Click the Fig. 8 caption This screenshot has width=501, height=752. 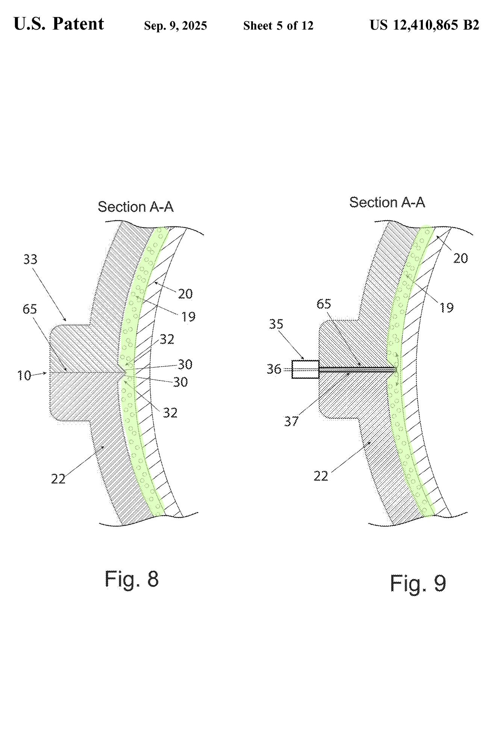coord(132,579)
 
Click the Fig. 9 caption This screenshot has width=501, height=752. coord(418,584)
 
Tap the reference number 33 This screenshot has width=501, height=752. coord(30,259)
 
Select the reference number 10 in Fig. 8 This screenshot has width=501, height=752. coord(24,376)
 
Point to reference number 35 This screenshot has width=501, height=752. coord(276,324)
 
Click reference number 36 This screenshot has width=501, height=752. coord(274,369)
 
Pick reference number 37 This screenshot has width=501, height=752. coord(291,421)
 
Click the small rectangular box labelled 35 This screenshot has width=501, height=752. coord(305,369)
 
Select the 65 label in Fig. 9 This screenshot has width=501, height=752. coord(324,304)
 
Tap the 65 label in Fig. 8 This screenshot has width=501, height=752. coord(30,309)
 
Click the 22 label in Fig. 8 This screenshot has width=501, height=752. coord(58,479)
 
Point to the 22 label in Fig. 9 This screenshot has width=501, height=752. coord(321,476)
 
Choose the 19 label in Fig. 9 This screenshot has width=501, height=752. coord(447,308)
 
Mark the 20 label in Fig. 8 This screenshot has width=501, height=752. coord(185,294)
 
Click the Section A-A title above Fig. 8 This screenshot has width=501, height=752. coord(136,207)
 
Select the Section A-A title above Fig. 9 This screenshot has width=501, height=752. coord(387,203)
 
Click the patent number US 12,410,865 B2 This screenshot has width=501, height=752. coord(424,25)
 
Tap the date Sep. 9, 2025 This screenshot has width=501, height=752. coord(176,26)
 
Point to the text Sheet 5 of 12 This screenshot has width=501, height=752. coord(278,26)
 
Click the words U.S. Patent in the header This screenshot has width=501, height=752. coord(59,24)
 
